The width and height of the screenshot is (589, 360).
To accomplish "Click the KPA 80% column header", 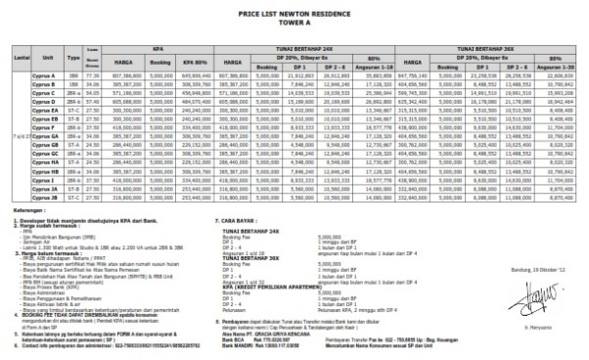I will [x=198, y=60].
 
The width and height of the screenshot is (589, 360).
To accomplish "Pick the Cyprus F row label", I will [x=37, y=126].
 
